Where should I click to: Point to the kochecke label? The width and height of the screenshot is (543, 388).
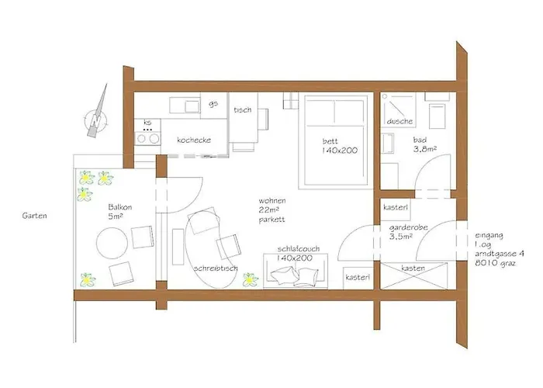coord(193,140)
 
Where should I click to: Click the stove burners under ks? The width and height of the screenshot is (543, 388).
coord(147,139)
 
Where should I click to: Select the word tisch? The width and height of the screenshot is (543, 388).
coord(241,110)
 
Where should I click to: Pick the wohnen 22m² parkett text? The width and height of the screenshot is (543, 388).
coord(274,210)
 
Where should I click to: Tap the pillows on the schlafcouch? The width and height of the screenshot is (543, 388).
coord(297,275)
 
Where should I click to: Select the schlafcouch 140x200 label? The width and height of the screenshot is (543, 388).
coord(294,254)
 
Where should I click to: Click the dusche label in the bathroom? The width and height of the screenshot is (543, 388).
coord(399,122)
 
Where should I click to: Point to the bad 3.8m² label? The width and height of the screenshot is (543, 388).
coord(426,144)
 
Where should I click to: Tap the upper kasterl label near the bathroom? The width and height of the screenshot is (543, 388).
coord(396,209)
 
